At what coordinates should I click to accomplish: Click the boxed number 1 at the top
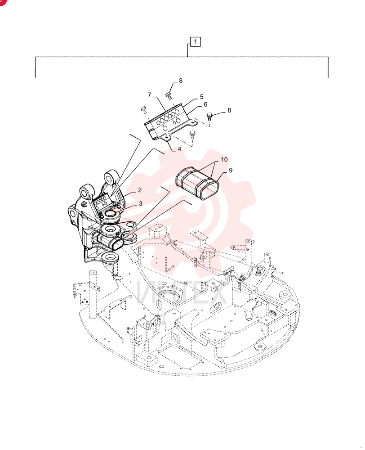click(195, 42)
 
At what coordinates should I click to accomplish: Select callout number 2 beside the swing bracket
click(140, 190)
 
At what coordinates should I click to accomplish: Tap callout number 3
click(141, 203)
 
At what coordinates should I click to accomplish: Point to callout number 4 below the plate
click(179, 149)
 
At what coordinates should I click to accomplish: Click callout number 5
click(201, 97)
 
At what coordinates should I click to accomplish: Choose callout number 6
click(205, 104)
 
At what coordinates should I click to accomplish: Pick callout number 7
click(149, 94)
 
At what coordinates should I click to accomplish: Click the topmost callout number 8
click(181, 81)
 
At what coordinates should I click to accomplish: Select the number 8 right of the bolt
click(229, 110)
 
